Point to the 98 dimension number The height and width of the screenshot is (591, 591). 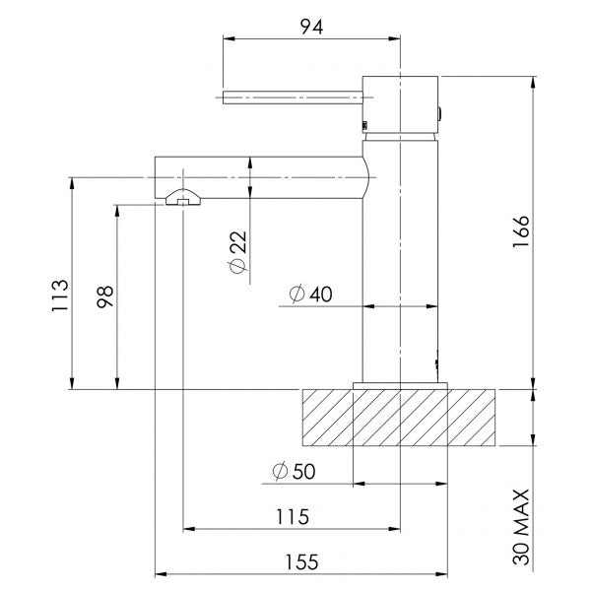(x=104, y=296)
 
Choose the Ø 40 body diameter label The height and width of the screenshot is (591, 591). (x=310, y=295)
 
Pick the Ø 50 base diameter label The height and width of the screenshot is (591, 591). (x=293, y=472)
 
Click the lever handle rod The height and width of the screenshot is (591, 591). (x=294, y=96)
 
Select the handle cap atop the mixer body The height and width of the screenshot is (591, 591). (x=400, y=101)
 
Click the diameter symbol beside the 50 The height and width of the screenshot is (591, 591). (x=276, y=472)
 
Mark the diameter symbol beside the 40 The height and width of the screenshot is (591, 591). (x=295, y=295)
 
